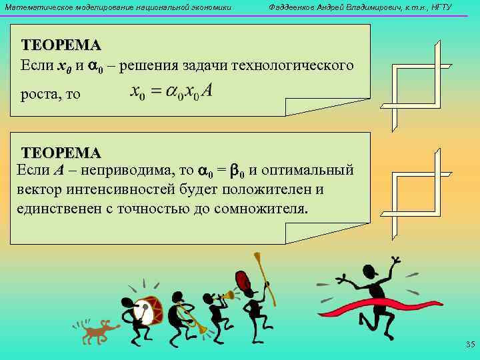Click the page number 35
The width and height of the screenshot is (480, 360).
coord(469,345)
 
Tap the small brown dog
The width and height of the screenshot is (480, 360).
coord(97,329)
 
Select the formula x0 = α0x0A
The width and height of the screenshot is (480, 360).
coord(171,91)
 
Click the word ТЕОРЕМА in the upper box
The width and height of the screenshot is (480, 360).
coord(61,45)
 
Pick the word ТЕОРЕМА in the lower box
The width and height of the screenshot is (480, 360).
coord(61,153)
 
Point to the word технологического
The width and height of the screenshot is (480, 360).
coord(296,66)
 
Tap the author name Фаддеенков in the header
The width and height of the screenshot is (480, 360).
coord(293,7)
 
